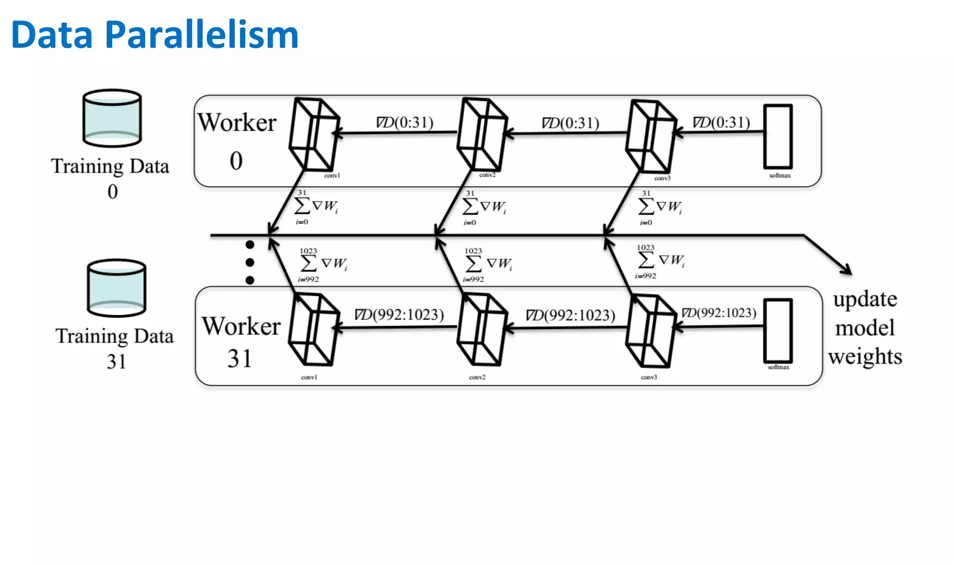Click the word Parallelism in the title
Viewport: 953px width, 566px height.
point(201,35)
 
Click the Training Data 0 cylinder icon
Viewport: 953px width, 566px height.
point(112,118)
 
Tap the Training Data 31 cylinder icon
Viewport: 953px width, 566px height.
point(116,288)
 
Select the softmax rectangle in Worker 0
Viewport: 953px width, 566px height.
point(778,136)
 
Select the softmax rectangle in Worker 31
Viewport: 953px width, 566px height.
point(778,331)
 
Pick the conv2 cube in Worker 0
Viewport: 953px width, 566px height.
point(482,134)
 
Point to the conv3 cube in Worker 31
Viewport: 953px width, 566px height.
point(651,331)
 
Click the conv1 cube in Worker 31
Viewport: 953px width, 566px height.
point(314,329)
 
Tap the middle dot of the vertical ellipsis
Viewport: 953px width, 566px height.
point(250,262)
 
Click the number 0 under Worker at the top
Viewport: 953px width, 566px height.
point(236,161)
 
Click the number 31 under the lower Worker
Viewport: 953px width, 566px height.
point(240,359)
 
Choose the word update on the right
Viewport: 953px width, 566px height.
point(865,299)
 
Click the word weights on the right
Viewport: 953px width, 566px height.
point(865,357)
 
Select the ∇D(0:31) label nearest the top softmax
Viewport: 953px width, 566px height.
point(721,122)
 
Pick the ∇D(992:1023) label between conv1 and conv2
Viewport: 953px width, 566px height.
point(399,315)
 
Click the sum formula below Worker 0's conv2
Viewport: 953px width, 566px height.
point(484,207)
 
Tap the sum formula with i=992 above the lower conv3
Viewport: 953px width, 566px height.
point(660,261)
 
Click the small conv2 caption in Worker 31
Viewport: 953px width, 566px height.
point(477,377)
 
